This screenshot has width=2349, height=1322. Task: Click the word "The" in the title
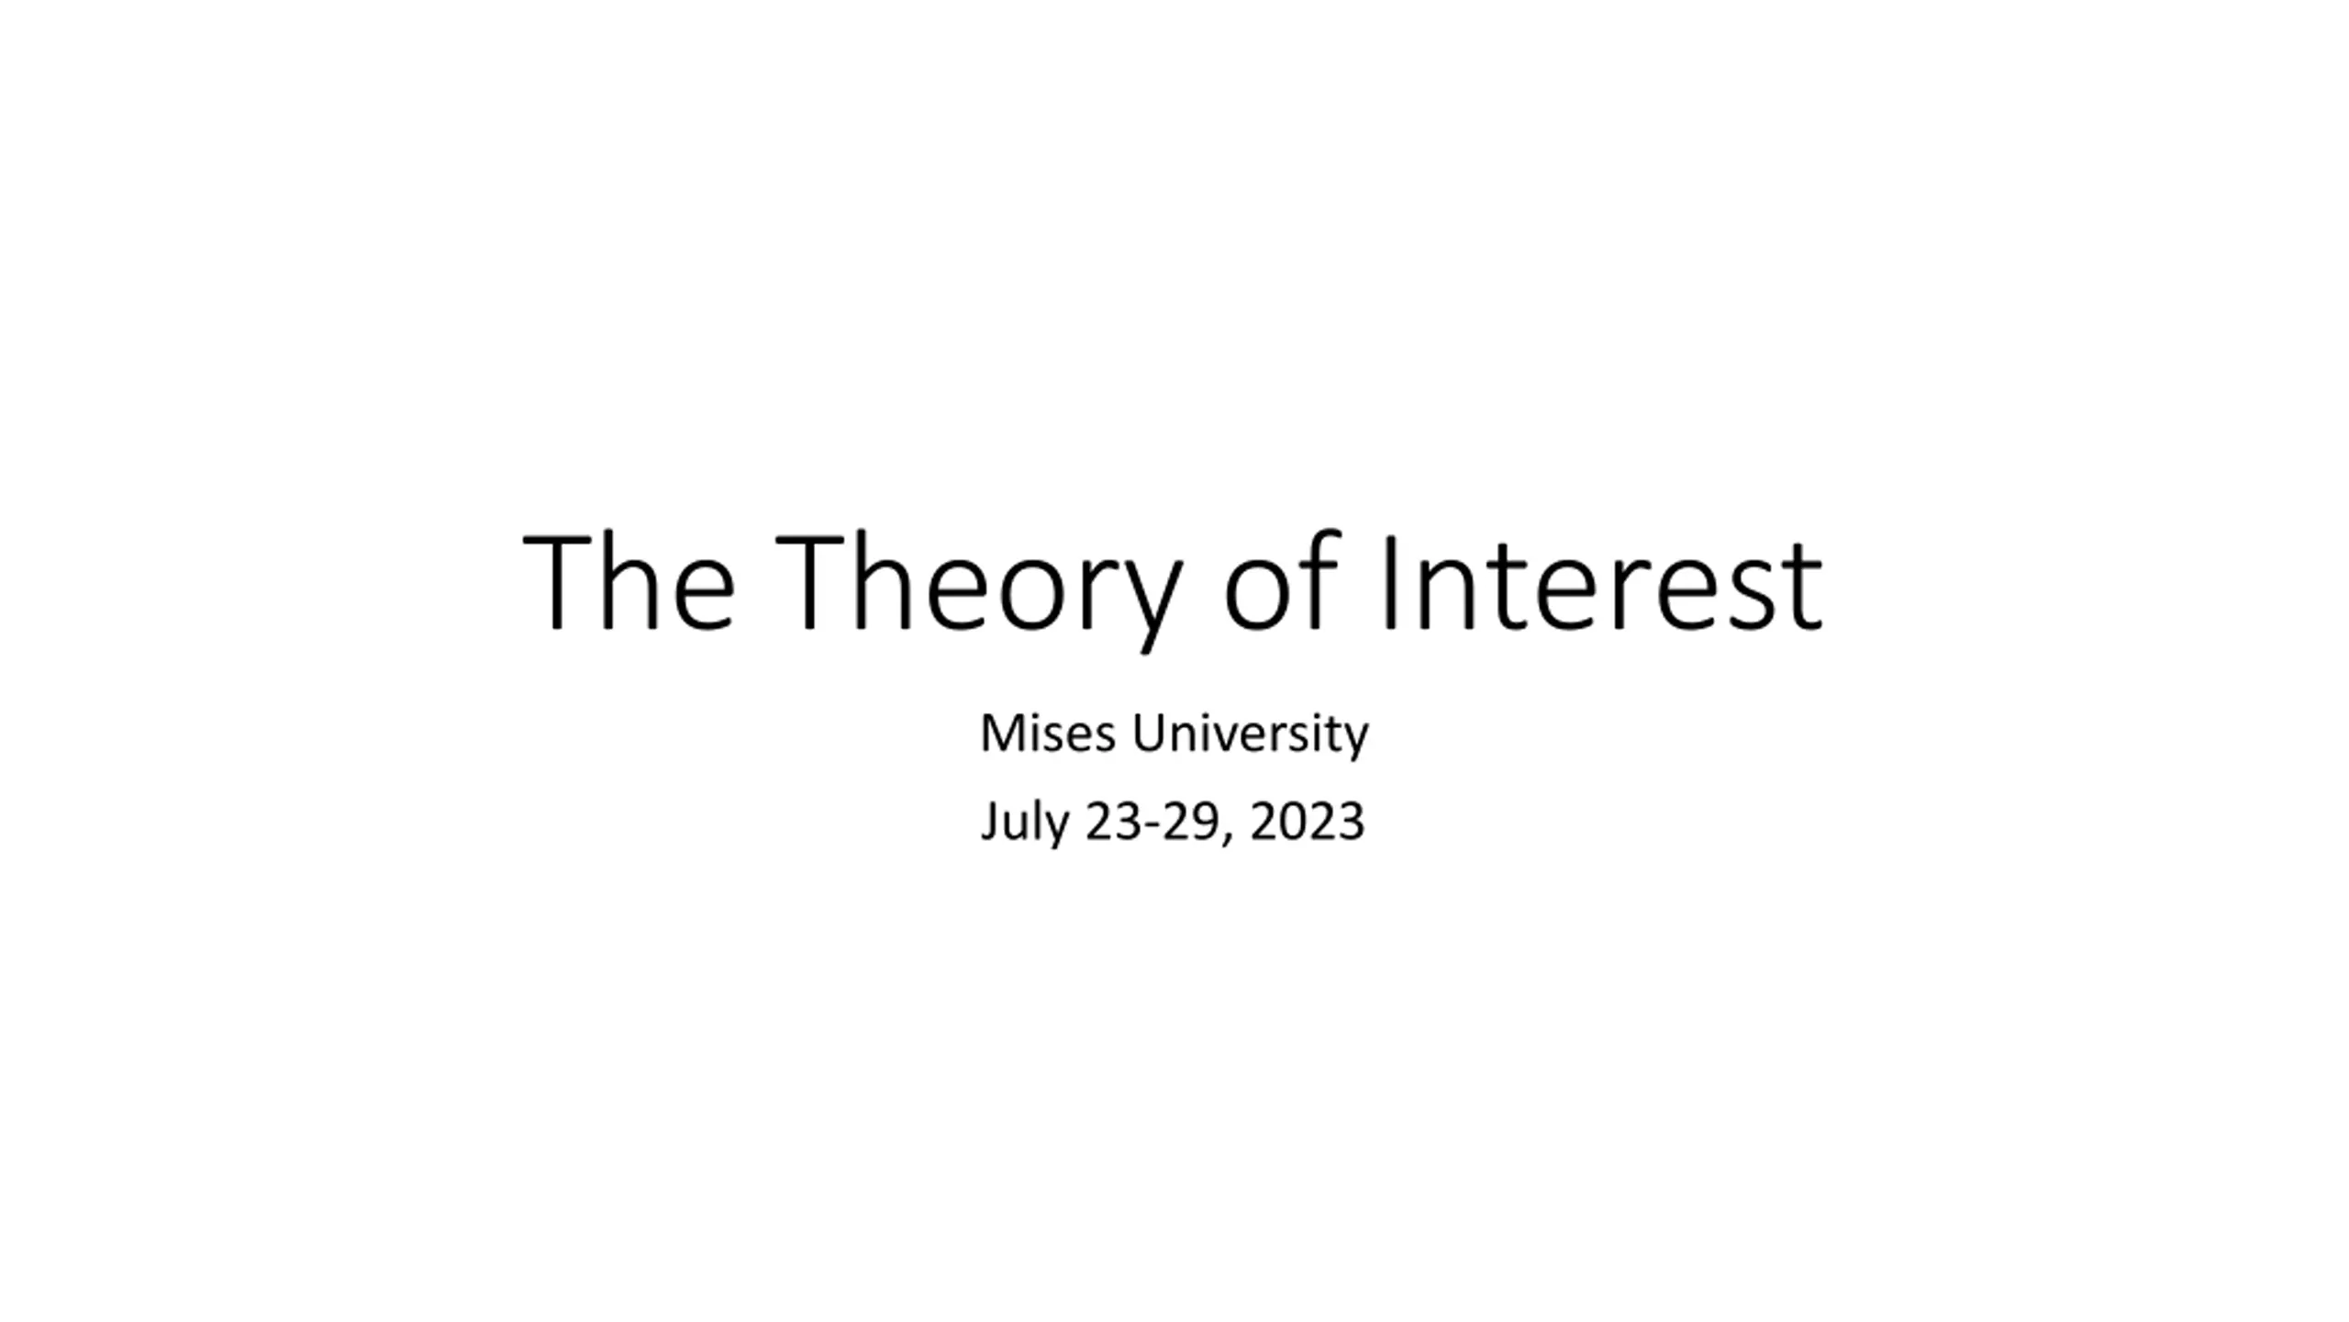click(x=629, y=583)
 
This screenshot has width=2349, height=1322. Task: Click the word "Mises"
click(x=1049, y=734)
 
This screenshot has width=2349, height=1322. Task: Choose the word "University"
click(x=1250, y=736)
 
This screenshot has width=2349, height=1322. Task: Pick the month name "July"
click(x=1025, y=823)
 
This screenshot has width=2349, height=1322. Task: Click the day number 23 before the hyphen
click(x=1112, y=821)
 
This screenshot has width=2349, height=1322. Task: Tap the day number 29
click(x=1190, y=821)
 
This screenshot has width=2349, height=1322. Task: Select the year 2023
click(x=1307, y=821)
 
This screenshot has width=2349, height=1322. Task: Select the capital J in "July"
click(x=989, y=823)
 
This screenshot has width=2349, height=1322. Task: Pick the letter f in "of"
click(x=1319, y=580)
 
